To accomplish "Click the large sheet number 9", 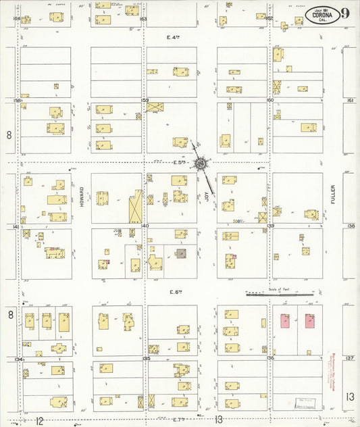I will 345,14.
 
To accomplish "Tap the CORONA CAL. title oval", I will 322,15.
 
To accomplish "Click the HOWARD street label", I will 81,197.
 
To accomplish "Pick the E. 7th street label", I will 179,420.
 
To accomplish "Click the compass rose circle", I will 201,163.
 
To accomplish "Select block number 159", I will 145,100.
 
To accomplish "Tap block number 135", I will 145,358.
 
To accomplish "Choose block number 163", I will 143,19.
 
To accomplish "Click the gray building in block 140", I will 182,254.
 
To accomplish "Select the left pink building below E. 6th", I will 284,320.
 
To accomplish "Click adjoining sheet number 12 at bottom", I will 40,420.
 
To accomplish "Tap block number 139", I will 271,226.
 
